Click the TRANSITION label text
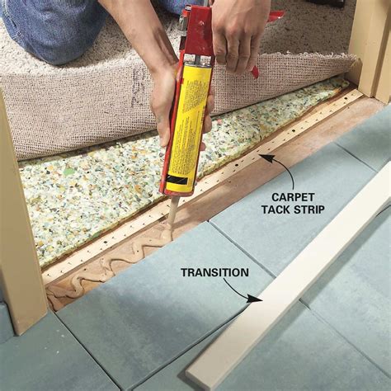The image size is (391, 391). pyautogui.click(x=214, y=271)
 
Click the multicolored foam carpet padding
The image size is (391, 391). pyautogui.click(x=91, y=190)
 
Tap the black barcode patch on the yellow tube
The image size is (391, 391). pyautogui.click(x=177, y=178)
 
